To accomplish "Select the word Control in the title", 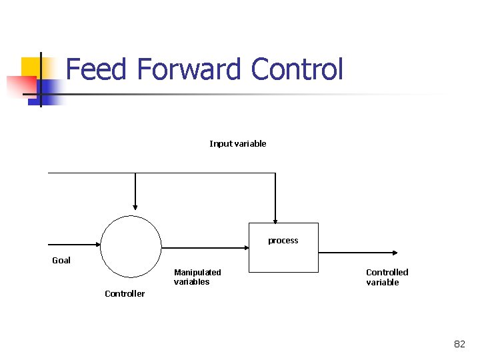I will click(x=297, y=69).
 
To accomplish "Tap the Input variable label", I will click(x=237, y=144).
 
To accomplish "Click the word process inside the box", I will click(x=283, y=241).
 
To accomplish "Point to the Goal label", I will click(x=61, y=261).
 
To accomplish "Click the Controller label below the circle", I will click(x=125, y=294).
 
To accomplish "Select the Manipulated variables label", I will click(x=197, y=277).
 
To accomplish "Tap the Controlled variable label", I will click(x=387, y=277).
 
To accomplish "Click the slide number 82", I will click(x=459, y=344).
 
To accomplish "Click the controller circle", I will click(x=131, y=247).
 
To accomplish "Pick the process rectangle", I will click(x=283, y=257).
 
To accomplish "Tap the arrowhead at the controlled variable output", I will click(x=395, y=253).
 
